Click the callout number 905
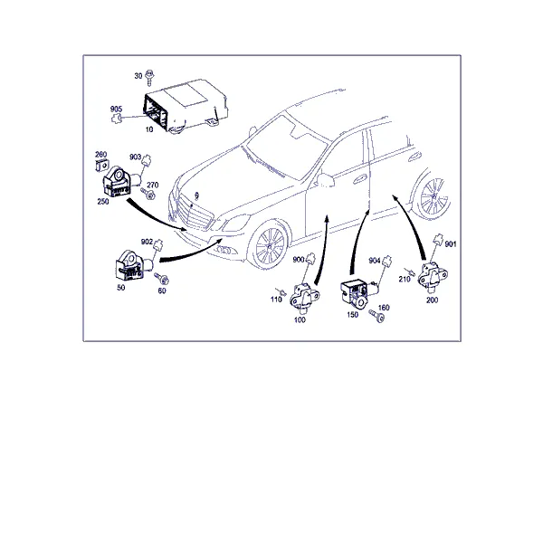point(116,110)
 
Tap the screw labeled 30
point(149,77)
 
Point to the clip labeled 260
point(100,166)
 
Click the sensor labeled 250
point(119,182)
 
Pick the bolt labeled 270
point(148,194)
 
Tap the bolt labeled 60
point(162,279)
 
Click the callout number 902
point(147,242)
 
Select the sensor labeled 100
point(304,297)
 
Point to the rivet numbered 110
point(281,292)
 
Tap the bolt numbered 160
point(376,316)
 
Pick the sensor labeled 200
point(433,276)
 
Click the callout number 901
point(450,244)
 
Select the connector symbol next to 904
point(387,261)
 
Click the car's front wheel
point(270,245)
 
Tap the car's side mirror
point(325,180)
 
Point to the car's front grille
point(194,213)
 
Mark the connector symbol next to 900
point(310,258)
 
